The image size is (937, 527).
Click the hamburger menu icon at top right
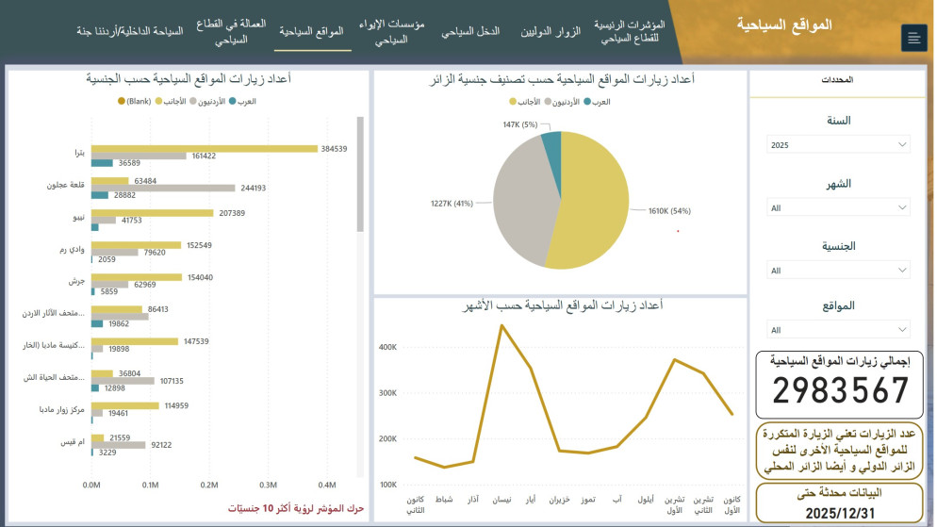[x=912, y=38]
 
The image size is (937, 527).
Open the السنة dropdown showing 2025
[x=838, y=145]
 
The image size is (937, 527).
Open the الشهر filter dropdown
[x=838, y=207]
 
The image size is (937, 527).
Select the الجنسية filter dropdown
[x=838, y=271]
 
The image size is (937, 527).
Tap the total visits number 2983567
[x=838, y=390]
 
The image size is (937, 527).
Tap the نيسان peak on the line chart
[x=501, y=326]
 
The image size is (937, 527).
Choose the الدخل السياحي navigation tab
[x=470, y=31]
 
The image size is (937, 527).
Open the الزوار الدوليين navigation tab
[x=551, y=31]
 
